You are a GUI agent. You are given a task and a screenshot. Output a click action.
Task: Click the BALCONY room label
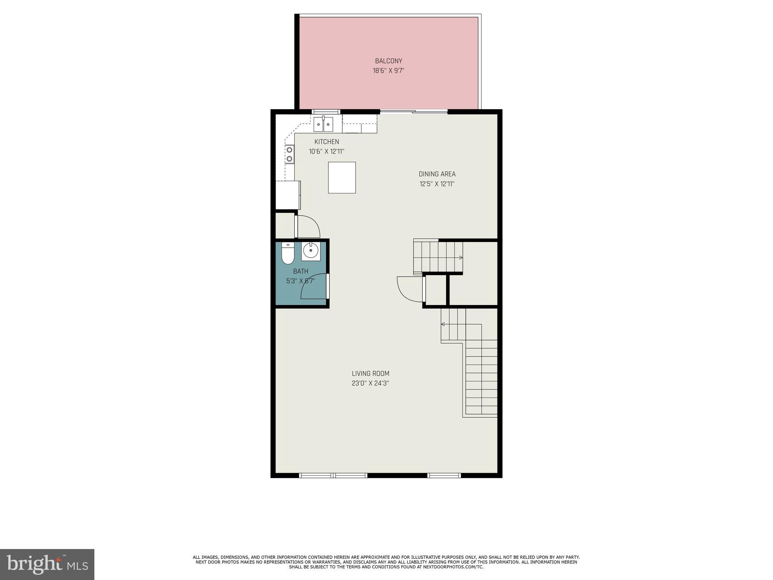388,61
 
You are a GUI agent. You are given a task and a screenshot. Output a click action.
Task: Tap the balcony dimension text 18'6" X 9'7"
388,71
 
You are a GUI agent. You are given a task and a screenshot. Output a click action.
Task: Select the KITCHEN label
326,142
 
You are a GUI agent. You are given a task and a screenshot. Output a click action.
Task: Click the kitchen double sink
323,124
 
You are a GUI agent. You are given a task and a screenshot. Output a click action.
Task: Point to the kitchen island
342,177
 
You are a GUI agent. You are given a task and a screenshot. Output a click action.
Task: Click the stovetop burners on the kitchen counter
289,154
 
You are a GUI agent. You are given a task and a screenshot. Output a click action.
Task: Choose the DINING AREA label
437,174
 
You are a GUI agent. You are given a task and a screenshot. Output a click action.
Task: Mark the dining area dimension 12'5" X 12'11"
437,184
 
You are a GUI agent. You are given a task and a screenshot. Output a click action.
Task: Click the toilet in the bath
288,254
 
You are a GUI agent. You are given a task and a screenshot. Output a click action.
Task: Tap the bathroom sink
311,251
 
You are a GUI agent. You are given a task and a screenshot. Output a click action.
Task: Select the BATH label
300,271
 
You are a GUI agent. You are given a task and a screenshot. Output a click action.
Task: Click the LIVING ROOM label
370,373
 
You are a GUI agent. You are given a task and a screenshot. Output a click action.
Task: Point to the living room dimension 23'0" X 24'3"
370,383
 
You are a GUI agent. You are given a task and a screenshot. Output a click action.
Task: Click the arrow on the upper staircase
460,258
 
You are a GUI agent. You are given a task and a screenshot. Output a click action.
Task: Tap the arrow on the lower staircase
443,324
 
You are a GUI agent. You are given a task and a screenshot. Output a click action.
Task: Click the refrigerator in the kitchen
288,195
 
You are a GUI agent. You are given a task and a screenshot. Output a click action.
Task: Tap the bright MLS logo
47,564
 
